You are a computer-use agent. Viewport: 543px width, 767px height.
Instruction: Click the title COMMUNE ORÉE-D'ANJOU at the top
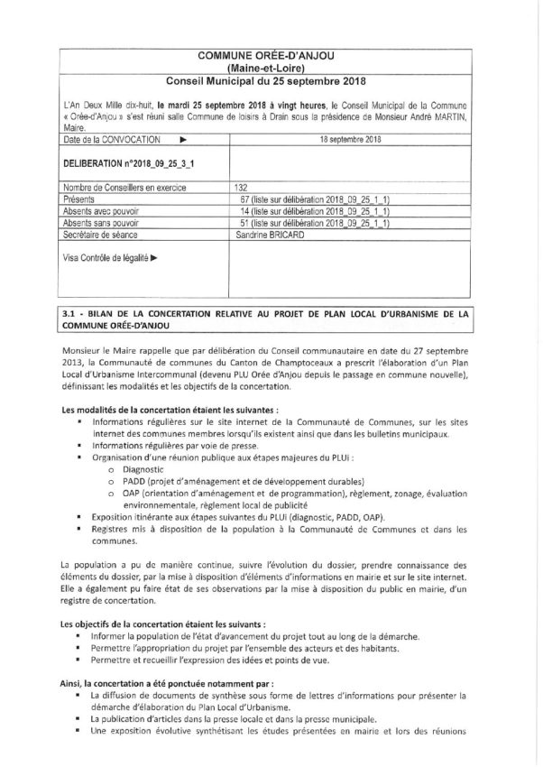coord(271,57)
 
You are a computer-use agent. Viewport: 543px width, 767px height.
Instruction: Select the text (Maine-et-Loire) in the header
coord(271,69)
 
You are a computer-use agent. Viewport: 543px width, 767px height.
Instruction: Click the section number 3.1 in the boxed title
coord(66,313)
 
